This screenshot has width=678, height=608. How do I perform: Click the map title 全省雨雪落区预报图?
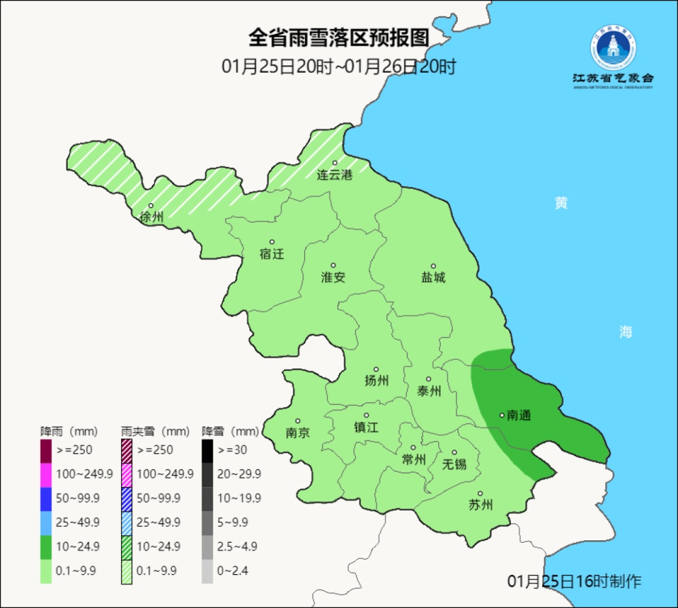pyautogui.click(x=338, y=38)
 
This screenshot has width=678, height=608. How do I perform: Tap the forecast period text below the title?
pyautogui.click(x=338, y=67)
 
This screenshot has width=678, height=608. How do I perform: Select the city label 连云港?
pyautogui.click(x=335, y=175)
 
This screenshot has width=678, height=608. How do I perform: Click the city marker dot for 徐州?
pyautogui.click(x=151, y=206)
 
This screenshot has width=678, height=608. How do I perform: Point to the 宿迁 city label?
pyautogui.click(x=272, y=253)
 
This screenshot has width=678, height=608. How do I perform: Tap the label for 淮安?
pyautogui.click(x=333, y=277)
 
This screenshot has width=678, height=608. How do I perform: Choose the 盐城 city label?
pyautogui.click(x=433, y=277)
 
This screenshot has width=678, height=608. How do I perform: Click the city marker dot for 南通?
pyautogui.click(x=502, y=415)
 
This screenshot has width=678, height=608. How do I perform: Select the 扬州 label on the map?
pyautogui.click(x=377, y=380)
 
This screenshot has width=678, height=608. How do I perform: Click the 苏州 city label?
pyautogui.click(x=481, y=504)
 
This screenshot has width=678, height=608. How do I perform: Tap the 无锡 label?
pyautogui.click(x=455, y=464)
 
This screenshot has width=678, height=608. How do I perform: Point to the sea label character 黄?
pyautogui.click(x=561, y=203)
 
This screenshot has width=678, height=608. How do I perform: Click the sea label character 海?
pyautogui.click(x=625, y=332)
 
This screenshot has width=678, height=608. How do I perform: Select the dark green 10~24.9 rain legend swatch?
pyautogui.click(x=46, y=547)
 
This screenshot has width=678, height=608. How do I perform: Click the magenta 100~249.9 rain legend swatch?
pyautogui.click(x=46, y=474)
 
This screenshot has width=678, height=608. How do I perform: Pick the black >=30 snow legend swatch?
pyautogui.click(x=207, y=450)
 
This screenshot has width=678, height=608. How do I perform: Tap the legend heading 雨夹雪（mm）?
pyautogui.click(x=155, y=432)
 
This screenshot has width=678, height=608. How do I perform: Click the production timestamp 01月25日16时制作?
pyautogui.click(x=574, y=581)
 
